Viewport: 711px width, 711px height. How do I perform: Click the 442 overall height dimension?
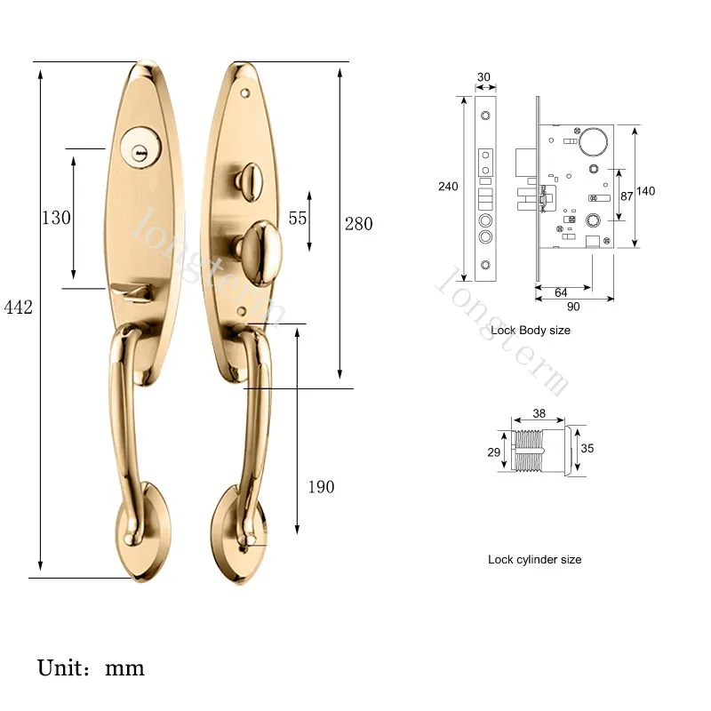(19, 308)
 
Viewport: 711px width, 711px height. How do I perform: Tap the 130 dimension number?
(56, 218)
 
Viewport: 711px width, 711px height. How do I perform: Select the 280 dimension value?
(359, 224)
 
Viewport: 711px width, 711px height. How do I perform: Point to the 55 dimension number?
(298, 218)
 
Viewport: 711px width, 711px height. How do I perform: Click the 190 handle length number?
(321, 487)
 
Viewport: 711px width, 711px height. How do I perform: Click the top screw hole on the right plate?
(245, 94)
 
